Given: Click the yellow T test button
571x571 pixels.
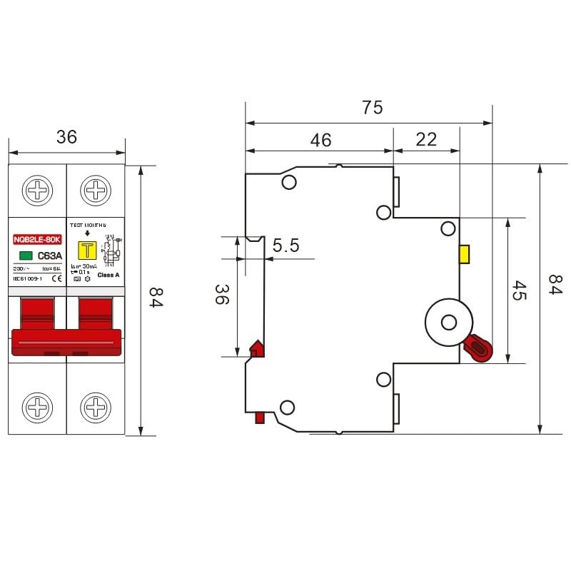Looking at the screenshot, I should coord(89,250).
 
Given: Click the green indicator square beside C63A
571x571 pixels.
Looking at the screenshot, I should coord(25,256).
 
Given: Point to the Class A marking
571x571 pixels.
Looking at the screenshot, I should coord(108,275).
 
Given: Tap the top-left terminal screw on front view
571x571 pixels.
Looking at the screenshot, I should coord(37,191).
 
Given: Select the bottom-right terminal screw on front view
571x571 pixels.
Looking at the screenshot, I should coord(96,408).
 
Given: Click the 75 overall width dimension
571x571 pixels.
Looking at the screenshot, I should coord(372,107).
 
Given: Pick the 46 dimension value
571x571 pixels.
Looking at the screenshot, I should coord(321,140).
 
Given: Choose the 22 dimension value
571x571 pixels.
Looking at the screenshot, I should coord(426,139).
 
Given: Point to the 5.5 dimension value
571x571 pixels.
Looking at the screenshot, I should coord(285,246).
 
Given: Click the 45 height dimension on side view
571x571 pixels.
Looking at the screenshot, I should coord(519,290).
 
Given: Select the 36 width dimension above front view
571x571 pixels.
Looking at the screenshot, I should coord(66,137).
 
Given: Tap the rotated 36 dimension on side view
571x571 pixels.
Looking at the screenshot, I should coord(221,295).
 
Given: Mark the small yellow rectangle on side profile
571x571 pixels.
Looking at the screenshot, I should coord(464,253).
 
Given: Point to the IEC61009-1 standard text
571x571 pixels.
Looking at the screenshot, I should coord(29,278).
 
